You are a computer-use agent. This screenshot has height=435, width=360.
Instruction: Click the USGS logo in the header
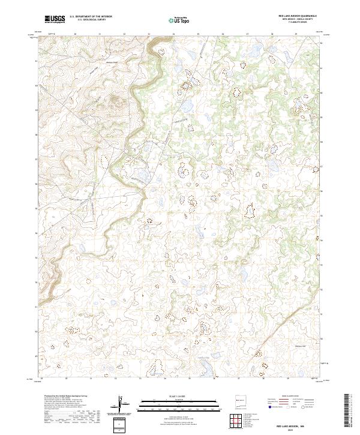[55, 19]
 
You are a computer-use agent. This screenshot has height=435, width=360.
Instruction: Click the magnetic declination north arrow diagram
[121, 404]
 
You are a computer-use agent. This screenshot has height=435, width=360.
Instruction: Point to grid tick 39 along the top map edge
[296, 34]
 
